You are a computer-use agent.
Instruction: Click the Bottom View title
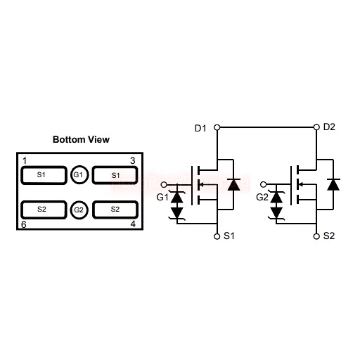[81, 139]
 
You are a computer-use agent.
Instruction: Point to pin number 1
[25, 161]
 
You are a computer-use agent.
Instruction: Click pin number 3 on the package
[133, 160]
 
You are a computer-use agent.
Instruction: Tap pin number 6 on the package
[24, 224]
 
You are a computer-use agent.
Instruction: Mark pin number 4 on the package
[133, 224]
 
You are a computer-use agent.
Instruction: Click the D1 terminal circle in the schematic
[217, 127]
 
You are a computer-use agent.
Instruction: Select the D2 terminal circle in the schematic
[316, 127]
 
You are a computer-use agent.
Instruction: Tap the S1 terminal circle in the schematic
[217, 236]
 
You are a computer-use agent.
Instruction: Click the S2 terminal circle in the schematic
[316, 236]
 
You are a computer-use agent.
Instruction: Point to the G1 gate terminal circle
[164, 185]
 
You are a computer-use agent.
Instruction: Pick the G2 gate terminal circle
[264, 184]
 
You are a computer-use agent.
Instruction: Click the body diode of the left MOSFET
[233, 184]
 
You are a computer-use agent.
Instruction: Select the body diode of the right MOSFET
[333, 184]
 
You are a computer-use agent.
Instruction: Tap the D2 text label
[329, 127]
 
